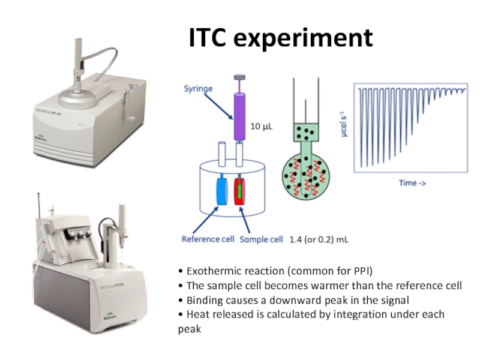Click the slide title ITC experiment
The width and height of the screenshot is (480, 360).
point(281,38)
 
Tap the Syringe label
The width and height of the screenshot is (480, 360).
point(199,88)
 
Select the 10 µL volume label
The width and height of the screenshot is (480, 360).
point(262,128)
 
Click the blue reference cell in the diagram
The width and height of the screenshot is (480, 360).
point(220,192)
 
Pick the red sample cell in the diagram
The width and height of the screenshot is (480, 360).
point(240,192)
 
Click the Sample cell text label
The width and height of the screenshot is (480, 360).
point(261,239)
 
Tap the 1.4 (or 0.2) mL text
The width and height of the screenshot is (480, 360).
point(319,239)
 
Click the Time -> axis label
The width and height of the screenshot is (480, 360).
point(413,183)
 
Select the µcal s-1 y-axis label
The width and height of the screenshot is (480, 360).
point(346,128)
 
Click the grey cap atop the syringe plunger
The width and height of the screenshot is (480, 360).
point(239,77)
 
